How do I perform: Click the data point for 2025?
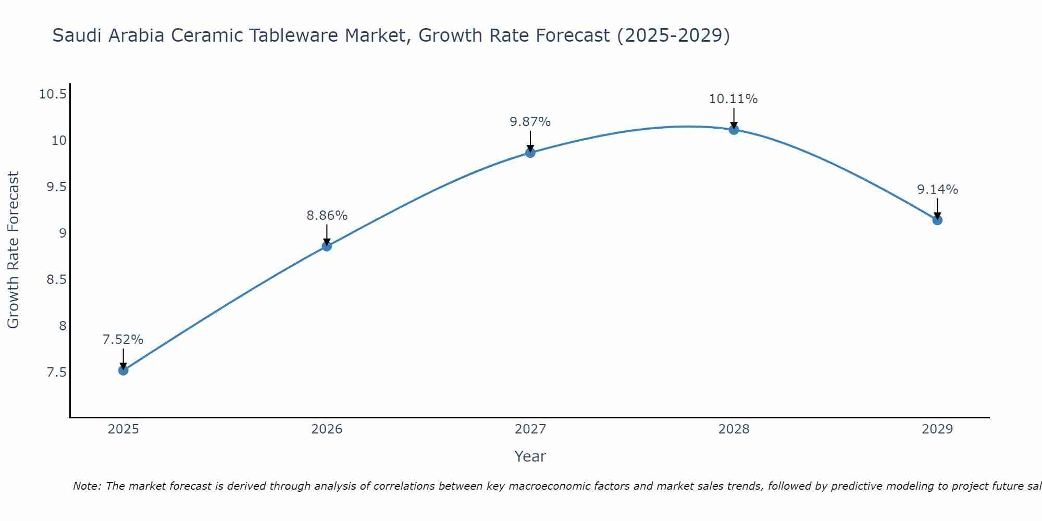[x=123, y=370]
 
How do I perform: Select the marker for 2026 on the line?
[x=327, y=246]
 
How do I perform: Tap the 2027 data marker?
[x=530, y=153]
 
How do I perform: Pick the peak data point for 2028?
[x=734, y=130]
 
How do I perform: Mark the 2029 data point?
[x=937, y=220]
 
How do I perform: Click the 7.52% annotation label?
[x=123, y=340]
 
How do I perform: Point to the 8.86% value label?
[x=327, y=216]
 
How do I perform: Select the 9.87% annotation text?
[x=530, y=122]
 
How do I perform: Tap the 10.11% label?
[x=733, y=99]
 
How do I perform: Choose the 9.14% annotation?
[x=937, y=190]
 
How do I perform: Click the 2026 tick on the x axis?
[x=327, y=429]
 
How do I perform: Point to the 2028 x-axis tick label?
[x=734, y=429]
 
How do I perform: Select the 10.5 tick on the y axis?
[x=53, y=94]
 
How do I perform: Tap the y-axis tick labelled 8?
[x=63, y=326]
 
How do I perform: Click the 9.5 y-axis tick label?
[x=57, y=187]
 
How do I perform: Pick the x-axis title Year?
[x=530, y=456]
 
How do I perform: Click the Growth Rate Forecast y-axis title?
[x=13, y=250]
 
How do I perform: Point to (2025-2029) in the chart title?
[x=673, y=36]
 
